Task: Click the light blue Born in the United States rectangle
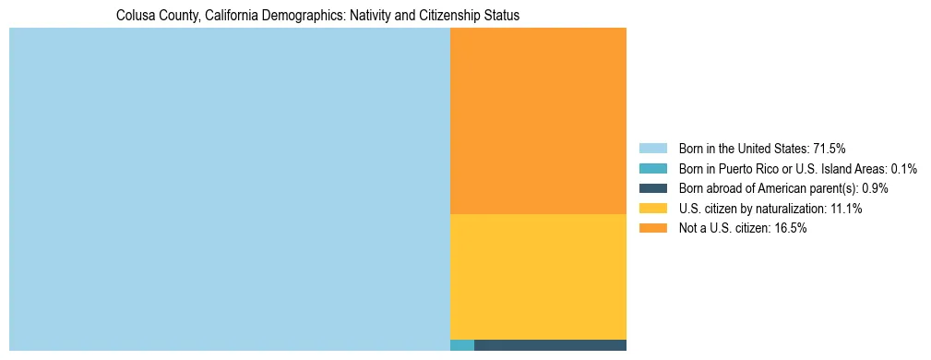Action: (x=229, y=189)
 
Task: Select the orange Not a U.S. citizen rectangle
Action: (x=538, y=121)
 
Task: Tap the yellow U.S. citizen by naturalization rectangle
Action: (x=538, y=277)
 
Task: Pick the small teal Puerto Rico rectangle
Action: (x=462, y=345)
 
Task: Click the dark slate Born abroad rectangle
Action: (x=550, y=345)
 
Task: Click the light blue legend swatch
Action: (x=652, y=149)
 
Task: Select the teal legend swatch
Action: (x=652, y=169)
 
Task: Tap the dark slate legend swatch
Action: (x=652, y=188)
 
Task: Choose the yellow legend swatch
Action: (x=652, y=209)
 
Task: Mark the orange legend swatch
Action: (x=652, y=229)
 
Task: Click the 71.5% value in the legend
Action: (x=829, y=149)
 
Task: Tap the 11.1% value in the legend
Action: (x=844, y=209)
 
